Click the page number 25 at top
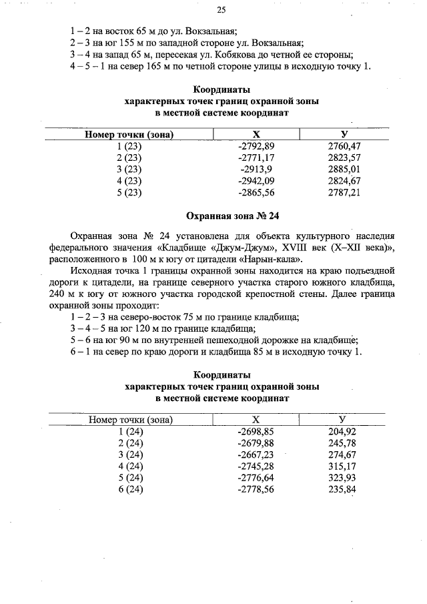tap(222, 10)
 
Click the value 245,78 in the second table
tap(342, 443)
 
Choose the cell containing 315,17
tap(342, 466)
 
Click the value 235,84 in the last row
tap(342, 489)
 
